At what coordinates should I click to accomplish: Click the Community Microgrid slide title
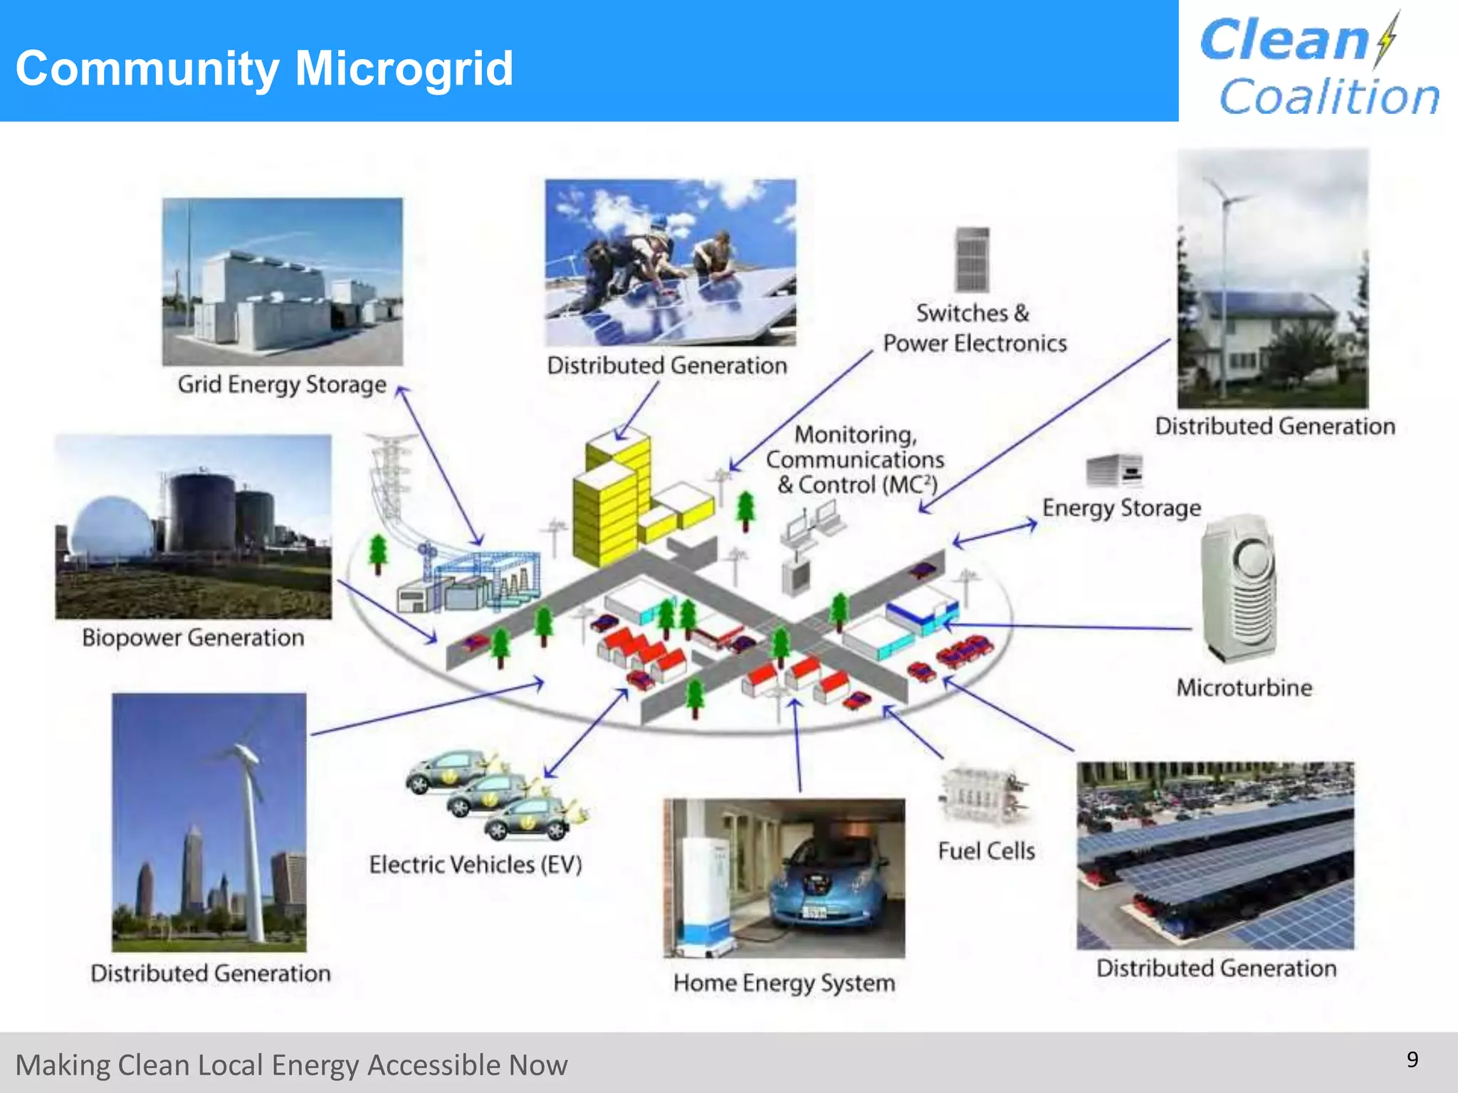click(x=264, y=68)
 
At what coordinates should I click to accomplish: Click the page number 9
click(x=1412, y=1060)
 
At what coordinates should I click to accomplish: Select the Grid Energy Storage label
click(x=282, y=384)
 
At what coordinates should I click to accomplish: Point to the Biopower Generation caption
click(x=193, y=638)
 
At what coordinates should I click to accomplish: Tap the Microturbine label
click(x=1244, y=687)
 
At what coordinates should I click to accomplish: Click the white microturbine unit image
click(x=1239, y=587)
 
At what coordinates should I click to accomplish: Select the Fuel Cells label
click(x=986, y=851)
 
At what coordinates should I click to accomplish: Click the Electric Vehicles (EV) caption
click(x=476, y=865)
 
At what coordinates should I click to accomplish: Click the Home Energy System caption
click(x=784, y=983)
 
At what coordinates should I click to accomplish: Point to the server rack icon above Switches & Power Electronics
click(x=972, y=259)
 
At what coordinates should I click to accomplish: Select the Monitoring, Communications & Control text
click(x=856, y=460)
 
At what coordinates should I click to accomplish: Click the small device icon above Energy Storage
click(x=1114, y=470)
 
